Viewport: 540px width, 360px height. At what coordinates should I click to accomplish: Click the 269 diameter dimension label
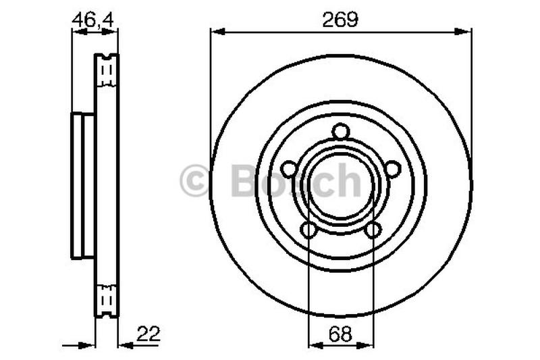tap(340, 20)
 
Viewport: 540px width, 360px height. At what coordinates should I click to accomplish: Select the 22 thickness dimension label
tap(148, 334)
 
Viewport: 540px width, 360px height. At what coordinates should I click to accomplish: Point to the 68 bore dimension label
tap(341, 334)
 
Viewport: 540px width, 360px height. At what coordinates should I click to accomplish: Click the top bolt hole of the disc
tap(341, 132)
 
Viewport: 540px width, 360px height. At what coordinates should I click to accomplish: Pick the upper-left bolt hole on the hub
tap(289, 169)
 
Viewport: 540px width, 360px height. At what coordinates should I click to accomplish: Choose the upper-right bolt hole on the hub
tap(393, 169)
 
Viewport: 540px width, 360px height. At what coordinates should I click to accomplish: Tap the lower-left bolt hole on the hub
tap(309, 230)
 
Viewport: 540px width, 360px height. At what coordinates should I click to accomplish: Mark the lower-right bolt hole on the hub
tap(373, 230)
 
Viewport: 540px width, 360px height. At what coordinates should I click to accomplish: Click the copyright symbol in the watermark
tap(194, 180)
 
